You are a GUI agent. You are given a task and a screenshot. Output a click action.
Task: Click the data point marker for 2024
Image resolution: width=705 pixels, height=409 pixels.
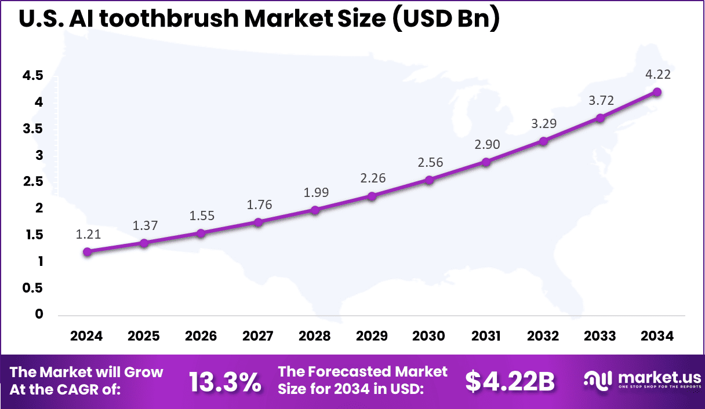pos(87,251)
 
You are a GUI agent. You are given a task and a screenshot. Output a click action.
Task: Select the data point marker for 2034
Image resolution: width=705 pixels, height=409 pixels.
pos(657,92)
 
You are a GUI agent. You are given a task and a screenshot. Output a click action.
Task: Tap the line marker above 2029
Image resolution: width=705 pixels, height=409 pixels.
pos(372,196)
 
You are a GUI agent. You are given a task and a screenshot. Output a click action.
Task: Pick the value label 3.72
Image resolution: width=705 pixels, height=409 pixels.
pos(600,101)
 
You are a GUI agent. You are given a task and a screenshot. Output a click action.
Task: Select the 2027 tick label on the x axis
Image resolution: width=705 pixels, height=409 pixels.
pos(258,336)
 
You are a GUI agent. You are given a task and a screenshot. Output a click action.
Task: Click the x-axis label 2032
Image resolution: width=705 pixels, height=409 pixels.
pos(543,336)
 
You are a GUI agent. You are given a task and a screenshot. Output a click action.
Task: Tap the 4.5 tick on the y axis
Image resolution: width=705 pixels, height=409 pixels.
pos(33,75)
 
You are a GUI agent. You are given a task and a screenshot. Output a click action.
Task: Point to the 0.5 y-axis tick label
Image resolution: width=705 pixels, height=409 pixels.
pos(33,288)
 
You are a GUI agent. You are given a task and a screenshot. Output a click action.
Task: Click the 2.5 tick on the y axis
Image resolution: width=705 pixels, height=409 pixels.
pos(33,182)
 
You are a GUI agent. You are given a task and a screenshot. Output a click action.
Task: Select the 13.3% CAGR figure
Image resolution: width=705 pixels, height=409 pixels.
pos(225,381)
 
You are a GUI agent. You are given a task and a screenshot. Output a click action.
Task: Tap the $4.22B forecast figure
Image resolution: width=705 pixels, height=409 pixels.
pos(510,381)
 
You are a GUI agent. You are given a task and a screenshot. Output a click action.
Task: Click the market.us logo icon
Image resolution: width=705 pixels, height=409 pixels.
pos(598,380)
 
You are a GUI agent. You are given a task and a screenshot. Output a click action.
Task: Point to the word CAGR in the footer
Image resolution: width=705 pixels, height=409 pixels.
pos(86,390)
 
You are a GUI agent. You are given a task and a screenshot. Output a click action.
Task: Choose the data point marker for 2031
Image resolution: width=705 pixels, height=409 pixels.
pos(486,162)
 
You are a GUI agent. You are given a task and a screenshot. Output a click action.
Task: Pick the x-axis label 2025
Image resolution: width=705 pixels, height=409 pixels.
pos(144,336)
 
